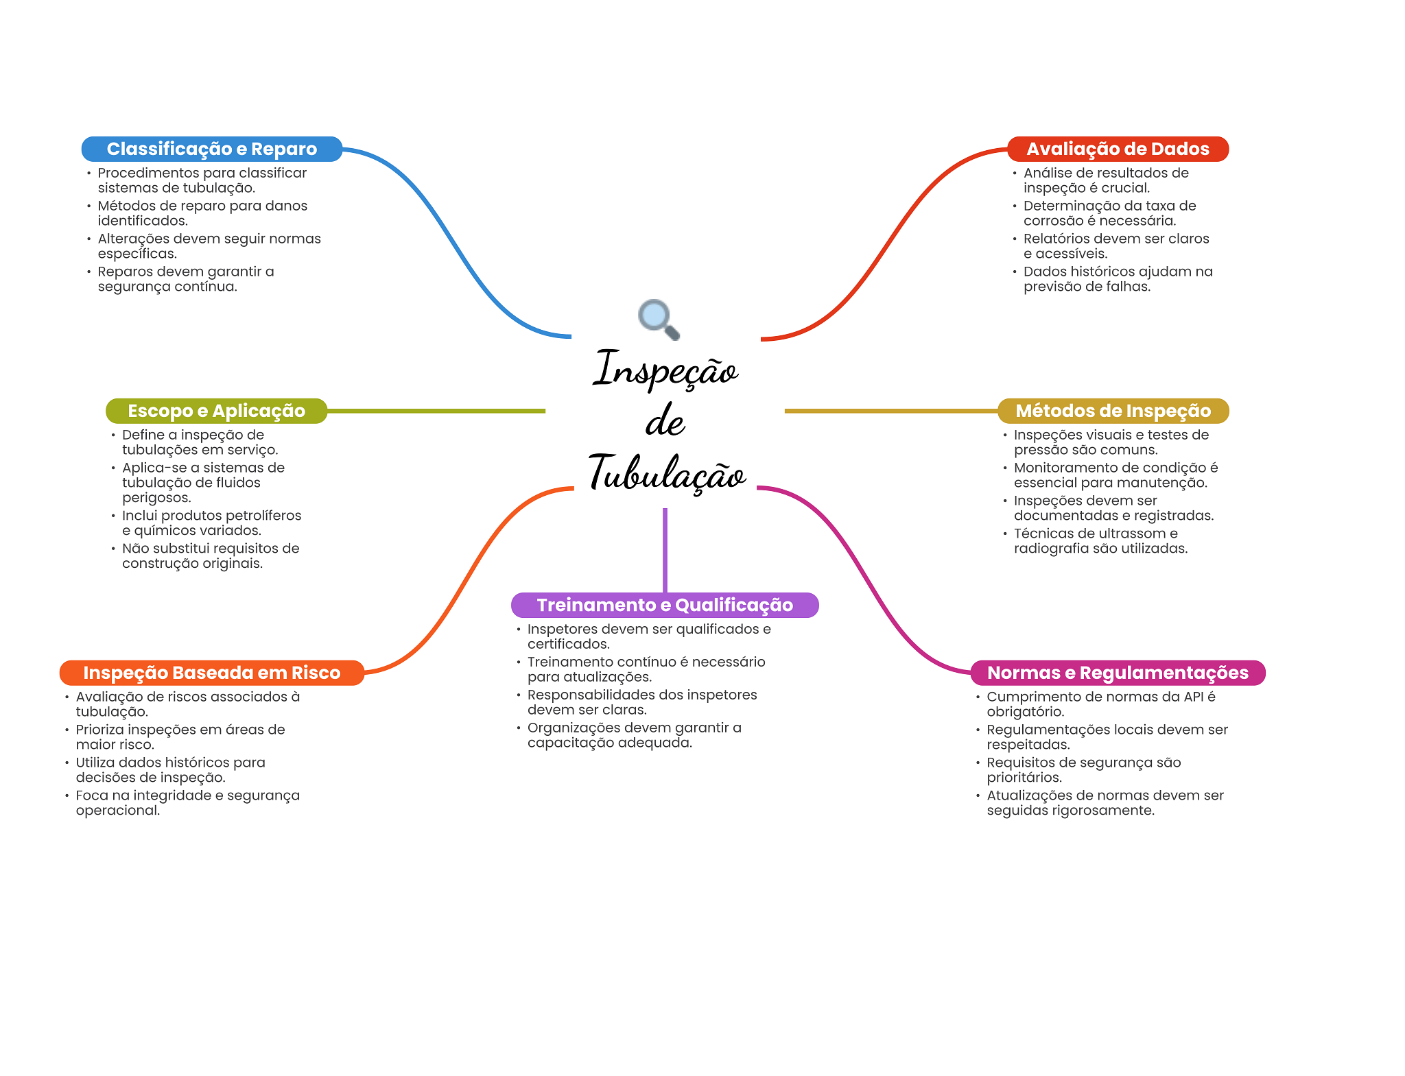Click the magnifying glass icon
(657, 318)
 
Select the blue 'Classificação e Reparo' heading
(211, 149)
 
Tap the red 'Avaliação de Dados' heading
(1117, 149)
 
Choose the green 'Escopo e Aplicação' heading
(216, 411)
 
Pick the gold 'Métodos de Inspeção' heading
(1113, 411)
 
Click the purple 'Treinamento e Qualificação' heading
(664, 605)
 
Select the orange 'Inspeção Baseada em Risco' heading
(211, 673)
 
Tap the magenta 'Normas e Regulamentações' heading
(1117, 673)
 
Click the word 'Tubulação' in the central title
(666, 473)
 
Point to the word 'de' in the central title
(665, 421)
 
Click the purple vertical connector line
(665, 549)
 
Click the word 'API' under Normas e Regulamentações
(1193, 697)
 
